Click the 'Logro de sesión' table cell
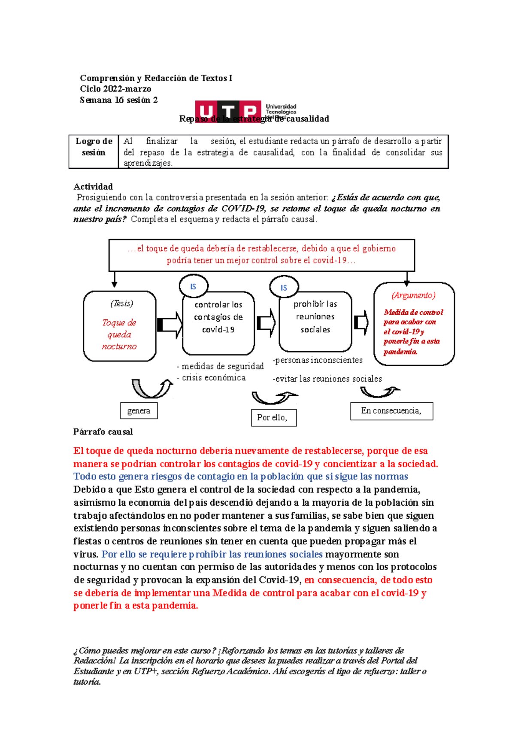[94, 147]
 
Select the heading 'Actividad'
[93, 187]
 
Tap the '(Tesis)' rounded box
[119, 326]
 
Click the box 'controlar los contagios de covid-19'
[218, 323]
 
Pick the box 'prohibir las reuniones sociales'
[315, 322]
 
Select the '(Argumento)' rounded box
[414, 324]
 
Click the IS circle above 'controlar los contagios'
[193, 286]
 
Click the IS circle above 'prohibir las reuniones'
[284, 288]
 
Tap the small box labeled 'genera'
[139, 411]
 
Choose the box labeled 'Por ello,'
[273, 417]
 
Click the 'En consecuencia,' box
[391, 411]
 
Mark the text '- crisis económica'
[211, 378]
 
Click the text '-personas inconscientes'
[318, 360]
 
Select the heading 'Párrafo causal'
[103, 432]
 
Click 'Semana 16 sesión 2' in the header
[118, 100]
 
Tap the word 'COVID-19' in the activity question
[243, 209]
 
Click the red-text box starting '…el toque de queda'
[261, 255]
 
